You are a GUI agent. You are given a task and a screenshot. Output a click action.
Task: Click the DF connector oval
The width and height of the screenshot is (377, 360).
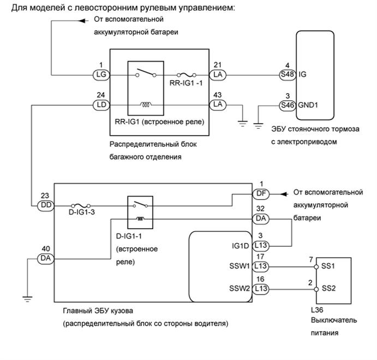point(261,193)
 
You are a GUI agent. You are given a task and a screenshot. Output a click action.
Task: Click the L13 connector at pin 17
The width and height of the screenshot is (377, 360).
point(261,268)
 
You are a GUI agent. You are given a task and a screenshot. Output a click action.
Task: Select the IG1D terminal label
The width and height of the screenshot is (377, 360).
point(239,245)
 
